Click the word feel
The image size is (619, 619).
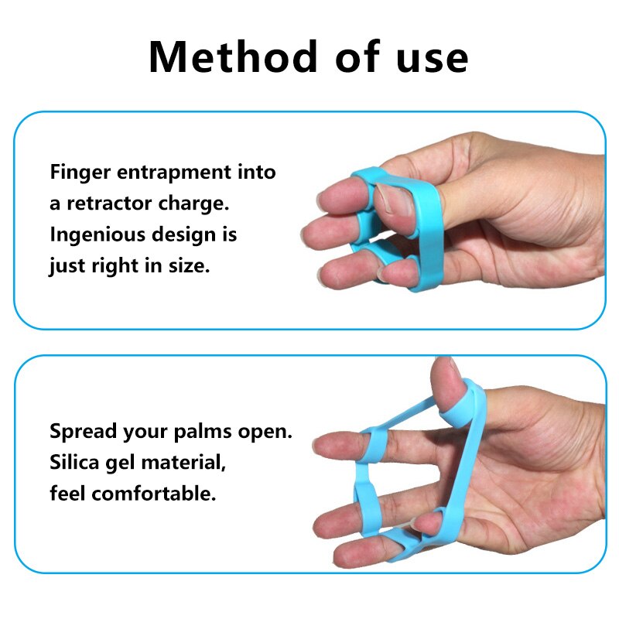pos(67,494)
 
